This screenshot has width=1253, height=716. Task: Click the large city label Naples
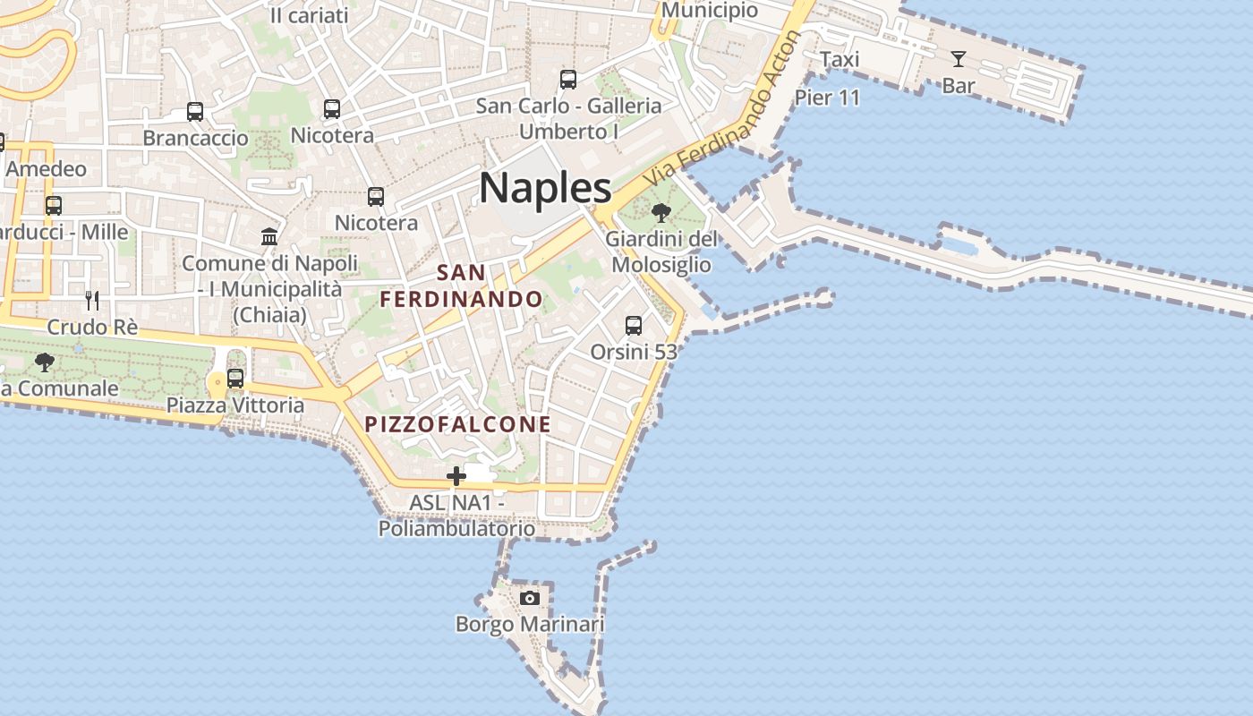pos(545,188)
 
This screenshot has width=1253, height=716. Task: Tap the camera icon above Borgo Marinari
pos(530,598)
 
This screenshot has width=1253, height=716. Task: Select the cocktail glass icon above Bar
pos(959,60)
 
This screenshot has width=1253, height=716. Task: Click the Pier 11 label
pos(827,98)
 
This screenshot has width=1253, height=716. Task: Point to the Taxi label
pos(840,60)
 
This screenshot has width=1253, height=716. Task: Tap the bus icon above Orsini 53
pos(634,326)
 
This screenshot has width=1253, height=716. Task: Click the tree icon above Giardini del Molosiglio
pos(661,213)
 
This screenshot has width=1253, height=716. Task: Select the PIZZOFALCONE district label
pos(458,424)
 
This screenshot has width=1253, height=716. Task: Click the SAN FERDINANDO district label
pos(462,286)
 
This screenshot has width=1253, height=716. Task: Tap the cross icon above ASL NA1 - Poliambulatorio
pos(456,476)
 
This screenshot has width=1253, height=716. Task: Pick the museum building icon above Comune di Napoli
pos(269,237)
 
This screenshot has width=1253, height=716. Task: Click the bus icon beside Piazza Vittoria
pos(235,379)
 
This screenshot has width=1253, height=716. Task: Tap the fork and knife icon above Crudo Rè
pos(91,300)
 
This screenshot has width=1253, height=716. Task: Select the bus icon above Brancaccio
pos(195,112)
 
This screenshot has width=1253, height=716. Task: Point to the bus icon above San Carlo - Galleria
pos(568,80)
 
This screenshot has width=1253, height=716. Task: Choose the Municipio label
pos(710,11)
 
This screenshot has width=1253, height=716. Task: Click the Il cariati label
pos(310,15)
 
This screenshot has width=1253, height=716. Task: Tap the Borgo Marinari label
pos(530,624)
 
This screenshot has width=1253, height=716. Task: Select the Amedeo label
pos(47,169)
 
